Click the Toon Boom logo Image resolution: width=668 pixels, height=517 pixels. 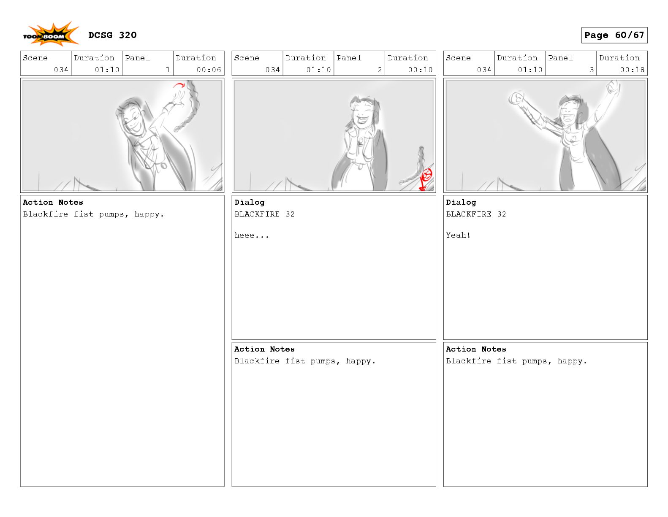[x=51, y=34]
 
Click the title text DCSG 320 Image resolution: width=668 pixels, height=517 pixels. [x=112, y=35]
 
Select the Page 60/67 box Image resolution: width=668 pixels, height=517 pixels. [x=614, y=35]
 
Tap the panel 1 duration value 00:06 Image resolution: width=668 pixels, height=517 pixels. [x=209, y=70]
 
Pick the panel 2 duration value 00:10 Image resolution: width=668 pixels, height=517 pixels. [x=420, y=70]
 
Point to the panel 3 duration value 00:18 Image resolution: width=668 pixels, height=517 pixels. [x=632, y=70]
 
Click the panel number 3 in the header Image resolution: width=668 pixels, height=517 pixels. [x=592, y=70]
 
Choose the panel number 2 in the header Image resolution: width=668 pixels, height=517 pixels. [x=380, y=70]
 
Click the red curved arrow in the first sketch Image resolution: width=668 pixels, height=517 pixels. [x=179, y=84]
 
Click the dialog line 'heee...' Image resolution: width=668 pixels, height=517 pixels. [x=252, y=235]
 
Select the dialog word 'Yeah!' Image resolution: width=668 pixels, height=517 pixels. [x=458, y=235]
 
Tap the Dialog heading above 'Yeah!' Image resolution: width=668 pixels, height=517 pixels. [x=461, y=202]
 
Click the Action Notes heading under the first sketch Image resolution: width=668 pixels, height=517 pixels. [x=53, y=202]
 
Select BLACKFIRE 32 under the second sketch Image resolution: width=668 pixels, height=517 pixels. [x=264, y=214]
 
